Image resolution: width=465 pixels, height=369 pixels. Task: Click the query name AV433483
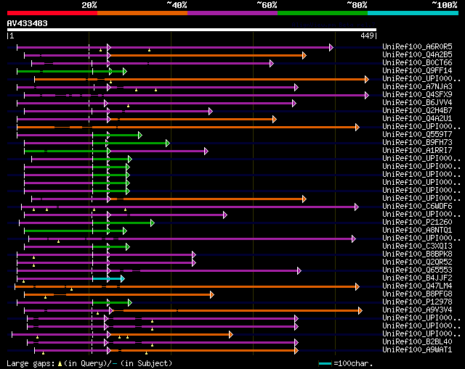click(x=28, y=23)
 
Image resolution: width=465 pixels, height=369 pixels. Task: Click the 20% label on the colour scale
click(x=89, y=4)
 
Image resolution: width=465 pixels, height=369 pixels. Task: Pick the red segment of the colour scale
click(x=52, y=12)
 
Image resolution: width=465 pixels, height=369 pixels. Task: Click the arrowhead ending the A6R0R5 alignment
click(x=331, y=47)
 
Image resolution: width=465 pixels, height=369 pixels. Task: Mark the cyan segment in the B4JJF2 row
click(x=106, y=278)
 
